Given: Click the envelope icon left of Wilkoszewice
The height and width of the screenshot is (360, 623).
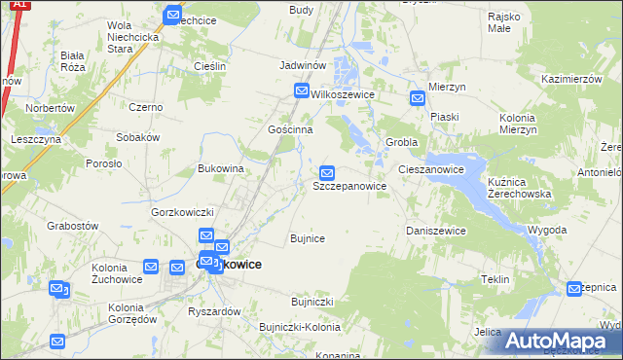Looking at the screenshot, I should (x=303, y=91).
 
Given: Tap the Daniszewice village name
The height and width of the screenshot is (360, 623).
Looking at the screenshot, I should (x=435, y=231).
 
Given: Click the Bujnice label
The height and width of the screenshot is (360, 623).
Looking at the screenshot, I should (x=308, y=237).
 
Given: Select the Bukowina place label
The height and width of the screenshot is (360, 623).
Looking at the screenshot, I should (x=220, y=168).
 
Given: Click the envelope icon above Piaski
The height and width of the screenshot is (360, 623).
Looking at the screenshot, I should (x=418, y=98).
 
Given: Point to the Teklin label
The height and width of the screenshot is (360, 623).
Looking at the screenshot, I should (x=495, y=279).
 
